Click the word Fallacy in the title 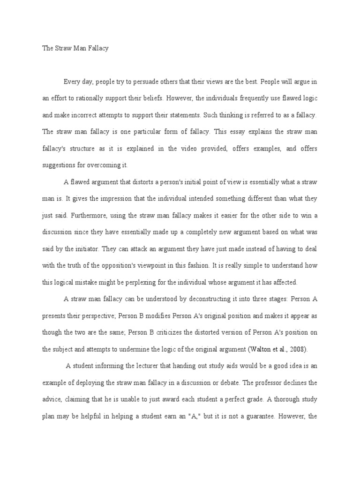click(97, 48)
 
